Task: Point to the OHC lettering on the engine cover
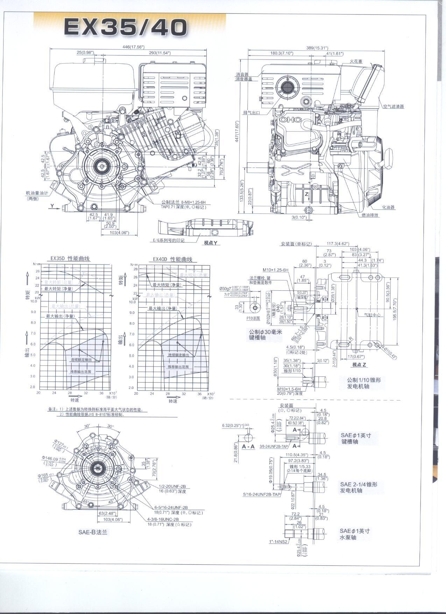tap(290, 120)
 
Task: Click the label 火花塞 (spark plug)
tap(356, 62)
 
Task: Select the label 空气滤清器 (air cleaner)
tap(393, 107)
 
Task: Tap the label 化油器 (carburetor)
tap(388, 207)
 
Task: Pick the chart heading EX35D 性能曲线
tap(70, 259)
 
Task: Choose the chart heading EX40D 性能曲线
tap(172, 259)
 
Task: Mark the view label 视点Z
tap(359, 365)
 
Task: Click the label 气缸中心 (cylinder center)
tap(373, 315)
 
